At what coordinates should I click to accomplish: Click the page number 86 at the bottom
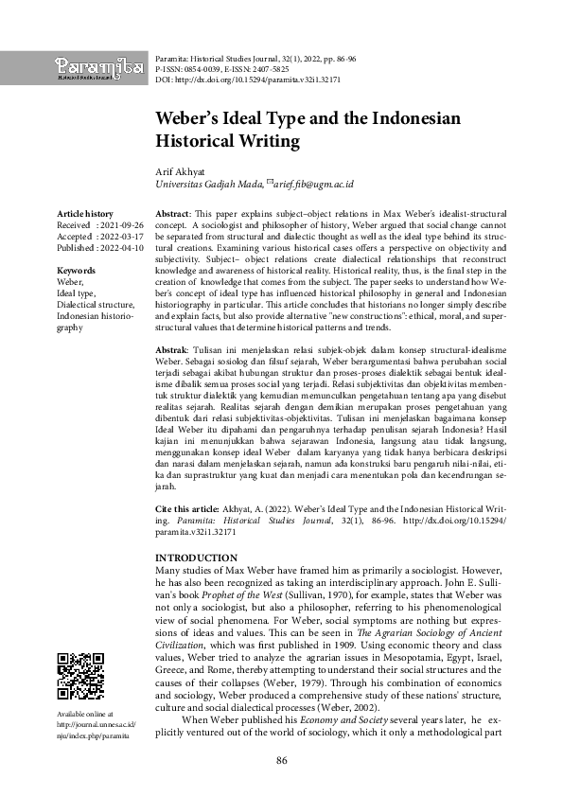(281, 761)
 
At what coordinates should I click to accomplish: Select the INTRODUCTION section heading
(196, 558)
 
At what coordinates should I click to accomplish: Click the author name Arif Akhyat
(181, 170)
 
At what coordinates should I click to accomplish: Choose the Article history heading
(84, 215)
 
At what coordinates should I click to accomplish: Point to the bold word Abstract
(171, 215)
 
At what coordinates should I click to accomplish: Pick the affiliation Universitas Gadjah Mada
(207, 185)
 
